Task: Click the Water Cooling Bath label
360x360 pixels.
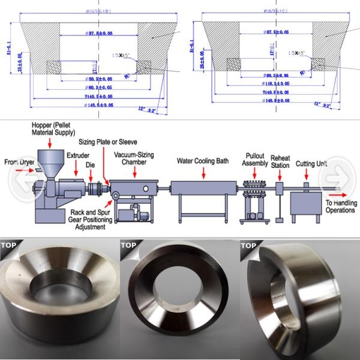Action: click(202, 161)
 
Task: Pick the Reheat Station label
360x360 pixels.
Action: click(281, 161)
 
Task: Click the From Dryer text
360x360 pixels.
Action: click(19, 161)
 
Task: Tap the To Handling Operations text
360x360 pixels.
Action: click(341, 207)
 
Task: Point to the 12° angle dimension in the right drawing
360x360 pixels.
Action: click(322, 104)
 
